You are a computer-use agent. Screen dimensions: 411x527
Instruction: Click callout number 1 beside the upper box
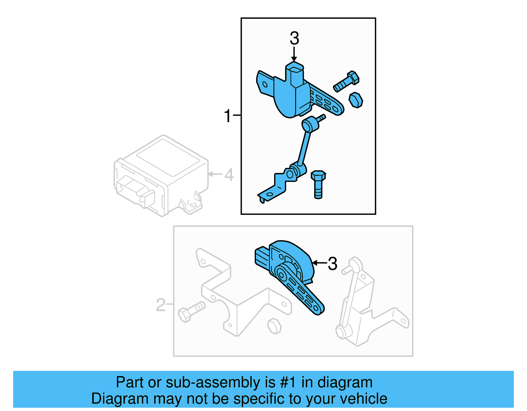[x=228, y=116]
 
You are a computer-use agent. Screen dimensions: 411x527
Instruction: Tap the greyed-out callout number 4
[x=229, y=175]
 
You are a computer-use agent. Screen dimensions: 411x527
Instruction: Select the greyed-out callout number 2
[x=160, y=305]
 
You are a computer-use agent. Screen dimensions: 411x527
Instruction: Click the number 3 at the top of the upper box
[x=294, y=39]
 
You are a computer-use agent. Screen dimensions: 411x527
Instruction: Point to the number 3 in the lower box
[x=332, y=264]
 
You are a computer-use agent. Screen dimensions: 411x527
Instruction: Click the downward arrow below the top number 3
[x=294, y=54]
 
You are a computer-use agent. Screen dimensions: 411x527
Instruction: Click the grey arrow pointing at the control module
[x=215, y=174]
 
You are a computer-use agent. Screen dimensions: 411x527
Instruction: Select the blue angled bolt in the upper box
[x=346, y=81]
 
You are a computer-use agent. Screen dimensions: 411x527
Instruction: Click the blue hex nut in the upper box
[x=356, y=100]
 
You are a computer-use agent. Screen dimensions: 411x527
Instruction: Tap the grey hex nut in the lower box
[x=274, y=326]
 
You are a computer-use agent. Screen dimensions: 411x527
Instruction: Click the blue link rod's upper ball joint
[x=310, y=124]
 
